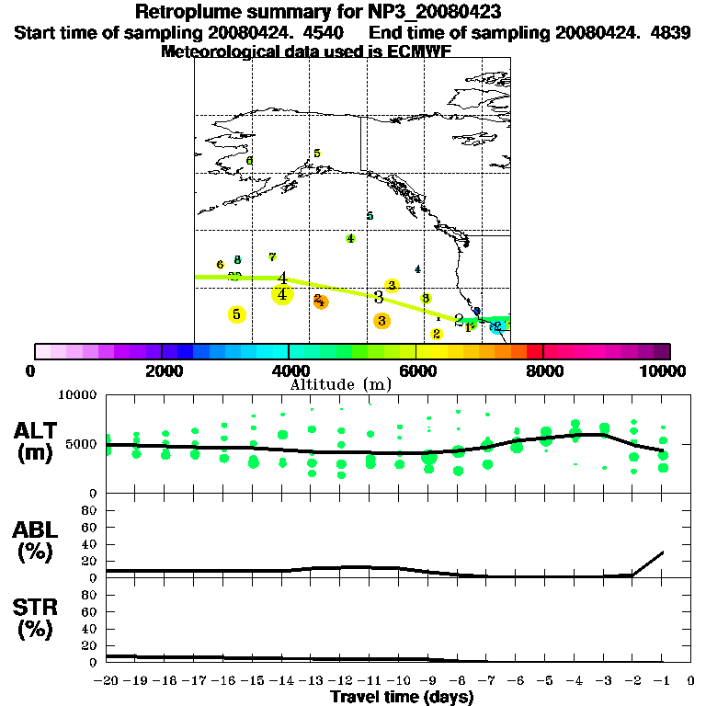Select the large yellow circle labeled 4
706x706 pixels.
282,294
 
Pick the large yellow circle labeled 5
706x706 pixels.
236,314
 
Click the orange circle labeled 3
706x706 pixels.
381,320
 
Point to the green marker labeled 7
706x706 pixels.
272,256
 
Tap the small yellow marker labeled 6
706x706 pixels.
220,265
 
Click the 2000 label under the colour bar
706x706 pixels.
161,370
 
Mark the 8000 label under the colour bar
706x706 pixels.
543,370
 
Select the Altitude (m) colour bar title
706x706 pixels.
341,384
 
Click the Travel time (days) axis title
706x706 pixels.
402,697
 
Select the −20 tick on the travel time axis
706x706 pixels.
107,681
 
